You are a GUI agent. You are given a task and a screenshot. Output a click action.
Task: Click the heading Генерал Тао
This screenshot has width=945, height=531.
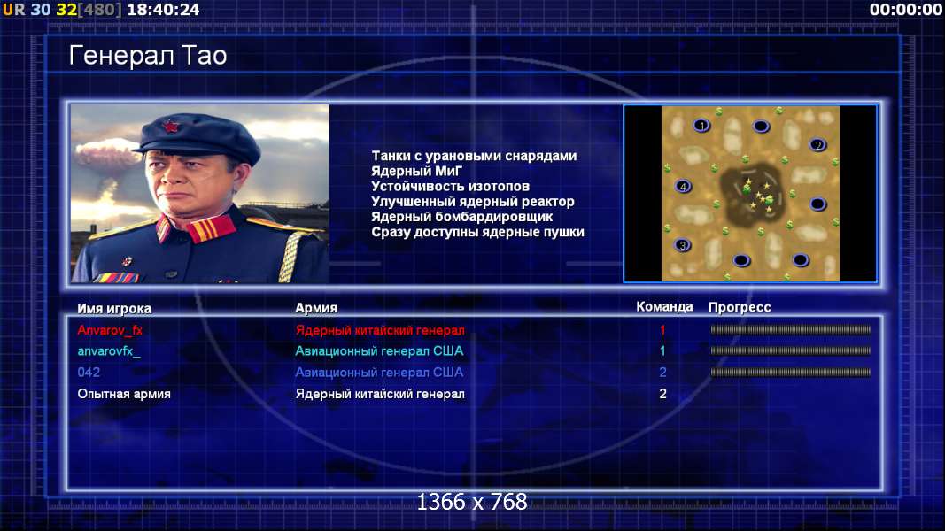[x=148, y=56]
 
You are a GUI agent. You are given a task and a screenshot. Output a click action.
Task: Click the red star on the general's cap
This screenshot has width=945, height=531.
[x=171, y=127]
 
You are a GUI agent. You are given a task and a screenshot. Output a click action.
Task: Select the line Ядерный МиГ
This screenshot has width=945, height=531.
[x=416, y=172]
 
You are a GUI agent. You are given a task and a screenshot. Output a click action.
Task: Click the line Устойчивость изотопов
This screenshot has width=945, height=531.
[x=450, y=187]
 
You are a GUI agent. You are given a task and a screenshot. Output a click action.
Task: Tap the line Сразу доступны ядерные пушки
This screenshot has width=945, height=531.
[x=477, y=232]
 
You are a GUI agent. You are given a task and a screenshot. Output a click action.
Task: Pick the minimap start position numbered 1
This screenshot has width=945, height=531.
[x=701, y=126]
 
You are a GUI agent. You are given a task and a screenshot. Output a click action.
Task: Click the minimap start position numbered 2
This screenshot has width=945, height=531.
[x=817, y=145]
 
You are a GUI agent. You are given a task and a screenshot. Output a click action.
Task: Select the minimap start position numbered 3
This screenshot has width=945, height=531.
[x=682, y=245]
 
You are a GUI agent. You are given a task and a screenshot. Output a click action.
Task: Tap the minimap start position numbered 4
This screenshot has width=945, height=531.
[x=683, y=187]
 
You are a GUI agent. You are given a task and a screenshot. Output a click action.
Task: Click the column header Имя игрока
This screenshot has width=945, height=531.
[x=114, y=308]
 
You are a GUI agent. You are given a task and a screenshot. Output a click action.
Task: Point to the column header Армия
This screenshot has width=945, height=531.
[x=316, y=308]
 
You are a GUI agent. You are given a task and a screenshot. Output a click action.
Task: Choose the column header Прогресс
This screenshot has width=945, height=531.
[x=740, y=307]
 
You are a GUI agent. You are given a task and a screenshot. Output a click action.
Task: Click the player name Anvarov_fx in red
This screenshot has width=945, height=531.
[x=110, y=330]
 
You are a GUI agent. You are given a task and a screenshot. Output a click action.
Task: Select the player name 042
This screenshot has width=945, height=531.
[x=89, y=372]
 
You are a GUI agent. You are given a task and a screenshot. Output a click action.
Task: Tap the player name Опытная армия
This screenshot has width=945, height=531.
[x=123, y=394]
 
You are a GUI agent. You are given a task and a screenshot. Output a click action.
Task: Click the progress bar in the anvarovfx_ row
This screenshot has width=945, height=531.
[x=790, y=351]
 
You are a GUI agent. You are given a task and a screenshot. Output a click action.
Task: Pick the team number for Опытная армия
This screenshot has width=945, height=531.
[x=662, y=394]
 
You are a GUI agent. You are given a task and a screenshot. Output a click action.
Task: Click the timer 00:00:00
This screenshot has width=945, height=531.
[x=906, y=10]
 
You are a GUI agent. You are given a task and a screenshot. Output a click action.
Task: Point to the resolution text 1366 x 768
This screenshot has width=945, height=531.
[x=472, y=502]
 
